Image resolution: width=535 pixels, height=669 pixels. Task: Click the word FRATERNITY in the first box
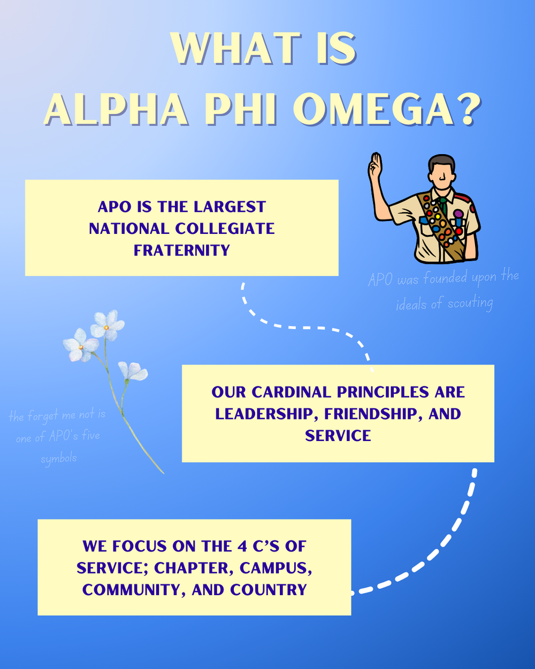182,250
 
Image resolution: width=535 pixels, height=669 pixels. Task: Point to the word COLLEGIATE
225,229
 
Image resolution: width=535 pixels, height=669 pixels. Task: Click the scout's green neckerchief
444,205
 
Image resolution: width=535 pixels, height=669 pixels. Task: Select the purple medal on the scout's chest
458,215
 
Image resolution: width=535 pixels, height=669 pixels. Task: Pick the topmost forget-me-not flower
107,325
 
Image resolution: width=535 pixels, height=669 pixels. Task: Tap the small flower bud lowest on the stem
133,371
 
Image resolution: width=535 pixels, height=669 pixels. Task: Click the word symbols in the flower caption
59,459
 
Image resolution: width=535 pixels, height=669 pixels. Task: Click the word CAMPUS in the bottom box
276,568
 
